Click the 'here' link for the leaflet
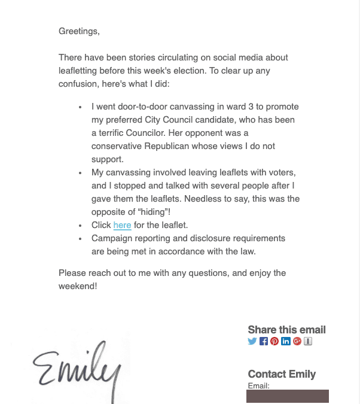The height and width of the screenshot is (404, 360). tap(122, 225)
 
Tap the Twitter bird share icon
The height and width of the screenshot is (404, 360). tap(252, 341)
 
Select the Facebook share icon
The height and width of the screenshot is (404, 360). tap(264, 341)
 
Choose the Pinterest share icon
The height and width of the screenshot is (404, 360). tap(274, 341)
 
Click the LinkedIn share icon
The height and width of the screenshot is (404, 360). tap(286, 341)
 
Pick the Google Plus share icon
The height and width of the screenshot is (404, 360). tap(297, 341)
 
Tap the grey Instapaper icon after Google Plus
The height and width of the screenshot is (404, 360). tap(308, 341)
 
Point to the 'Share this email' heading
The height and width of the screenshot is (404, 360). tap(286, 330)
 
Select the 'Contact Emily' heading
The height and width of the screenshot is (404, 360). tap(282, 374)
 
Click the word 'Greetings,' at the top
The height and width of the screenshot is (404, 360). tap(79, 31)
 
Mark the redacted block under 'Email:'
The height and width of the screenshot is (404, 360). tap(287, 396)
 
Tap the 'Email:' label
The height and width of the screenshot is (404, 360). tap(258, 385)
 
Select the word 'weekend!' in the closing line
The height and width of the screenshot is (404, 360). tap(78, 286)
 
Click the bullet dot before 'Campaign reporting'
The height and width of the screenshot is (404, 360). tap(81, 239)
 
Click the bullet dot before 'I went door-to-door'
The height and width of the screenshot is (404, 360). tap(81, 107)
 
